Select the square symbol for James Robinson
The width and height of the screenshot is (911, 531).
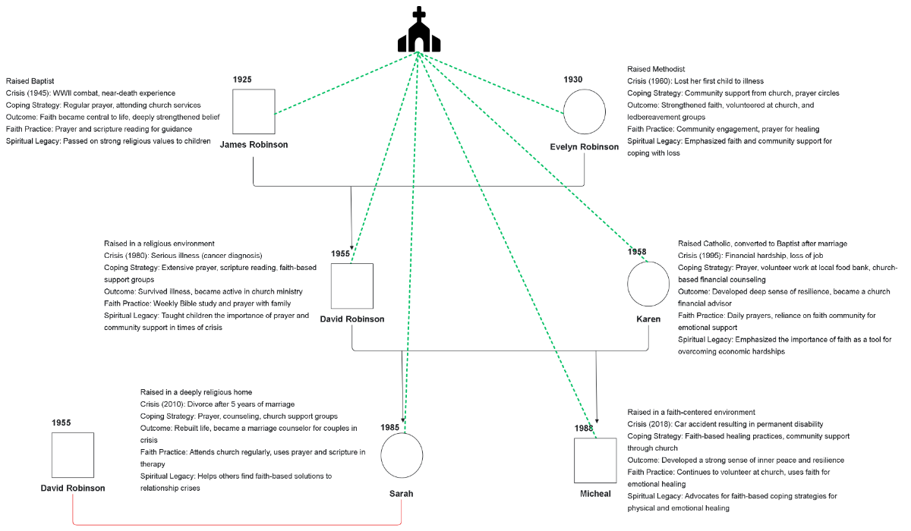tap(254, 112)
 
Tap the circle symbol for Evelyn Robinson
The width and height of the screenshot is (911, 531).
tap(584, 112)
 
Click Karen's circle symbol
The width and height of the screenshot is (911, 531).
tap(648, 282)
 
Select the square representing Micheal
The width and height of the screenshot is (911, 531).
tap(595, 460)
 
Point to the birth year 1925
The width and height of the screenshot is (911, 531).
tap(242, 80)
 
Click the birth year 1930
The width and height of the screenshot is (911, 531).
tap(573, 80)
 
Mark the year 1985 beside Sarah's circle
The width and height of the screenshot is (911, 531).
tap(390, 427)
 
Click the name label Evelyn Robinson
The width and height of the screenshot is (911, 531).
tap(585, 147)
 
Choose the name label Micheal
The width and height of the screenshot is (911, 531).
tap(595, 494)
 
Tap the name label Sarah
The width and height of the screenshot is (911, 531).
tap(401, 493)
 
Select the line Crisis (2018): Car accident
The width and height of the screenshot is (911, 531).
tap(725, 424)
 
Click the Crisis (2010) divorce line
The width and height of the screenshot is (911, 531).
tap(217, 404)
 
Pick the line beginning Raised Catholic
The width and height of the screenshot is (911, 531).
tap(762, 244)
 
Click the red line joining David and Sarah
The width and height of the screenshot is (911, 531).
tap(235, 524)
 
